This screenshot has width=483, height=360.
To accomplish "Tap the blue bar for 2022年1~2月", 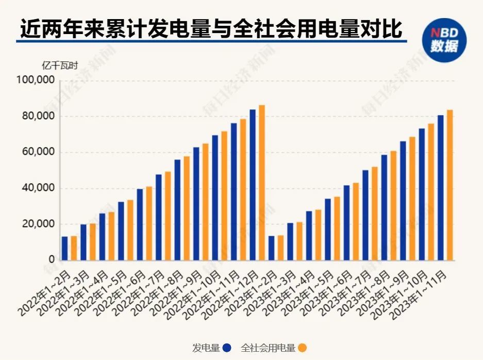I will (64, 248).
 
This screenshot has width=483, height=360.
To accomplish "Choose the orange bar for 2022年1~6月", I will (149, 223).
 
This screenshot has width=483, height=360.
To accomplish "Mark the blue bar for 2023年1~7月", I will (365, 215).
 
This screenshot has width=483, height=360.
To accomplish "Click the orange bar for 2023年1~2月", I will (280, 248).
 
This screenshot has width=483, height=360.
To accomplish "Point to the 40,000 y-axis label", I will (39, 188).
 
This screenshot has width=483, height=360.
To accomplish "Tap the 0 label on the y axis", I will (52, 260).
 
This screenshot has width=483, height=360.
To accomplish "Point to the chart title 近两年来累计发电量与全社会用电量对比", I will (211, 29).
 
